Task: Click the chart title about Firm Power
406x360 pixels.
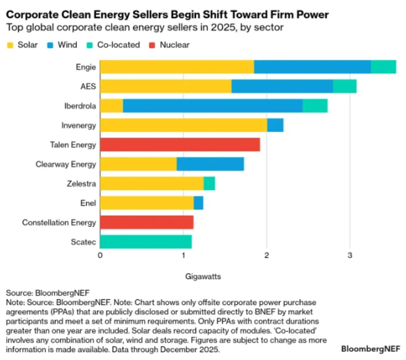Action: click(167, 15)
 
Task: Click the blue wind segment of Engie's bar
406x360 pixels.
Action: click(312, 67)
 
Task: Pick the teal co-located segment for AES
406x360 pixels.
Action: click(345, 86)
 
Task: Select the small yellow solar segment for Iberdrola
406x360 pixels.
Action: click(111, 106)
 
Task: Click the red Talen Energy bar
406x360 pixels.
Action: click(180, 145)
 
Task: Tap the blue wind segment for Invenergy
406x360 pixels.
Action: click(275, 125)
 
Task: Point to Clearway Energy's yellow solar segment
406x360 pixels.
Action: click(138, 164)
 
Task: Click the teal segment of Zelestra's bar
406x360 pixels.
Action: click(209, 183)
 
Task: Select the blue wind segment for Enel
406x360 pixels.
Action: click(199, 203)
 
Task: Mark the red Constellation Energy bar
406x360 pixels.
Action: click(147, 222)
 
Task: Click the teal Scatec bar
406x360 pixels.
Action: click(146, 242)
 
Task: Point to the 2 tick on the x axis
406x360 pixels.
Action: click(267, 255)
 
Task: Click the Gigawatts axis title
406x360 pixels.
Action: click(203, 276)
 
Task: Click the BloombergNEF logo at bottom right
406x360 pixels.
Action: click(371, 348)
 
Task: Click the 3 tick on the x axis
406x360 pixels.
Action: click(350, 255)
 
